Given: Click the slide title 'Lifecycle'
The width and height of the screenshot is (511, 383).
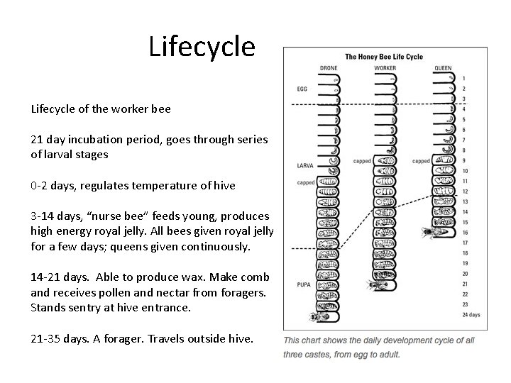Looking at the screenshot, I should point(202,47).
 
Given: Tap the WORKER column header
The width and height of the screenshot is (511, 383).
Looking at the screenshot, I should point(385,68).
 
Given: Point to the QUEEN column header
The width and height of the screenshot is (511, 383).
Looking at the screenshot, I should point(442,68).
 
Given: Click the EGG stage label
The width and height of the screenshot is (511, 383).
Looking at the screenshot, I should point(302,89).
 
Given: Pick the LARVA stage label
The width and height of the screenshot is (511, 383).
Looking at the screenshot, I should point(304,165).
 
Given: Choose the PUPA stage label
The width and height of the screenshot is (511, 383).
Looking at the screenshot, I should point(303,284).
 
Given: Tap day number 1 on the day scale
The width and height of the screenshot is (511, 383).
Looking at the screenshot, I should point(463,77).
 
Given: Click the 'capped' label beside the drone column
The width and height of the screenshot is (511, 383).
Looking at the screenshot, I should point(305,182).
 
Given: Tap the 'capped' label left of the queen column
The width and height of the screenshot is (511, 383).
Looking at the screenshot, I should point(421,161).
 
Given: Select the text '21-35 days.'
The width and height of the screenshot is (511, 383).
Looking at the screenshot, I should point(59,339).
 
